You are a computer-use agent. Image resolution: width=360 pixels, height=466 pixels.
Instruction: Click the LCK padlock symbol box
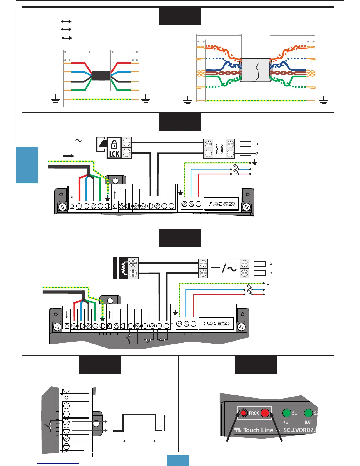point(114,148)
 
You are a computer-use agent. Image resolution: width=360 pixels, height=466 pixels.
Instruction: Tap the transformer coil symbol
point(219,149)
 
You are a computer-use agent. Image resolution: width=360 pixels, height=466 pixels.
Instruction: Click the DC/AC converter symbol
point(224,268)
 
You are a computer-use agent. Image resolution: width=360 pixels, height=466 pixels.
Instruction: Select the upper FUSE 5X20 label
point(222,204)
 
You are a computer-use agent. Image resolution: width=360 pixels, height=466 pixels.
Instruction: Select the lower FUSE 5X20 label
point(216,324)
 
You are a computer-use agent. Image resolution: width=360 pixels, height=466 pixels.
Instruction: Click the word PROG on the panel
point(254,413)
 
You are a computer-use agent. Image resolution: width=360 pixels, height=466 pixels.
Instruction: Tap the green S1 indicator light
point(286,413)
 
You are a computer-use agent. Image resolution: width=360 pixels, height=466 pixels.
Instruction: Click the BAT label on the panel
point(308,422)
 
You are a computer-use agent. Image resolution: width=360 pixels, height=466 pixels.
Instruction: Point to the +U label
point(286,422)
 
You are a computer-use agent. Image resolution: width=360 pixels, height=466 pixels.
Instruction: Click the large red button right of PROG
point(265,413)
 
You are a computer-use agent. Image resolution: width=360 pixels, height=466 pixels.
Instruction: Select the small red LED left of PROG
point(243,413)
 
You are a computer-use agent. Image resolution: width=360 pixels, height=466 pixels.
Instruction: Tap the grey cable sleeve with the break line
point(255,70)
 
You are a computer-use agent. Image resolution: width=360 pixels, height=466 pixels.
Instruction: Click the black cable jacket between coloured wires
point(101,76)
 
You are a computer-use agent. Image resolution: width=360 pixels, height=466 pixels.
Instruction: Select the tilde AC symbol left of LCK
point(78,141)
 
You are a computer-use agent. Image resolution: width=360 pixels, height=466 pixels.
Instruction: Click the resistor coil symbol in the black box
point(124,268)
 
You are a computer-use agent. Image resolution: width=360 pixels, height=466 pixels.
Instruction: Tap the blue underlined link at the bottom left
point(58,463)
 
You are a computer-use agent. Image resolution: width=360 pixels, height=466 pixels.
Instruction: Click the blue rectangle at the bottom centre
point(178,460)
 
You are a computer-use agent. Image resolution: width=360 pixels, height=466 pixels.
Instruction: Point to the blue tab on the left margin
point(27,165)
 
